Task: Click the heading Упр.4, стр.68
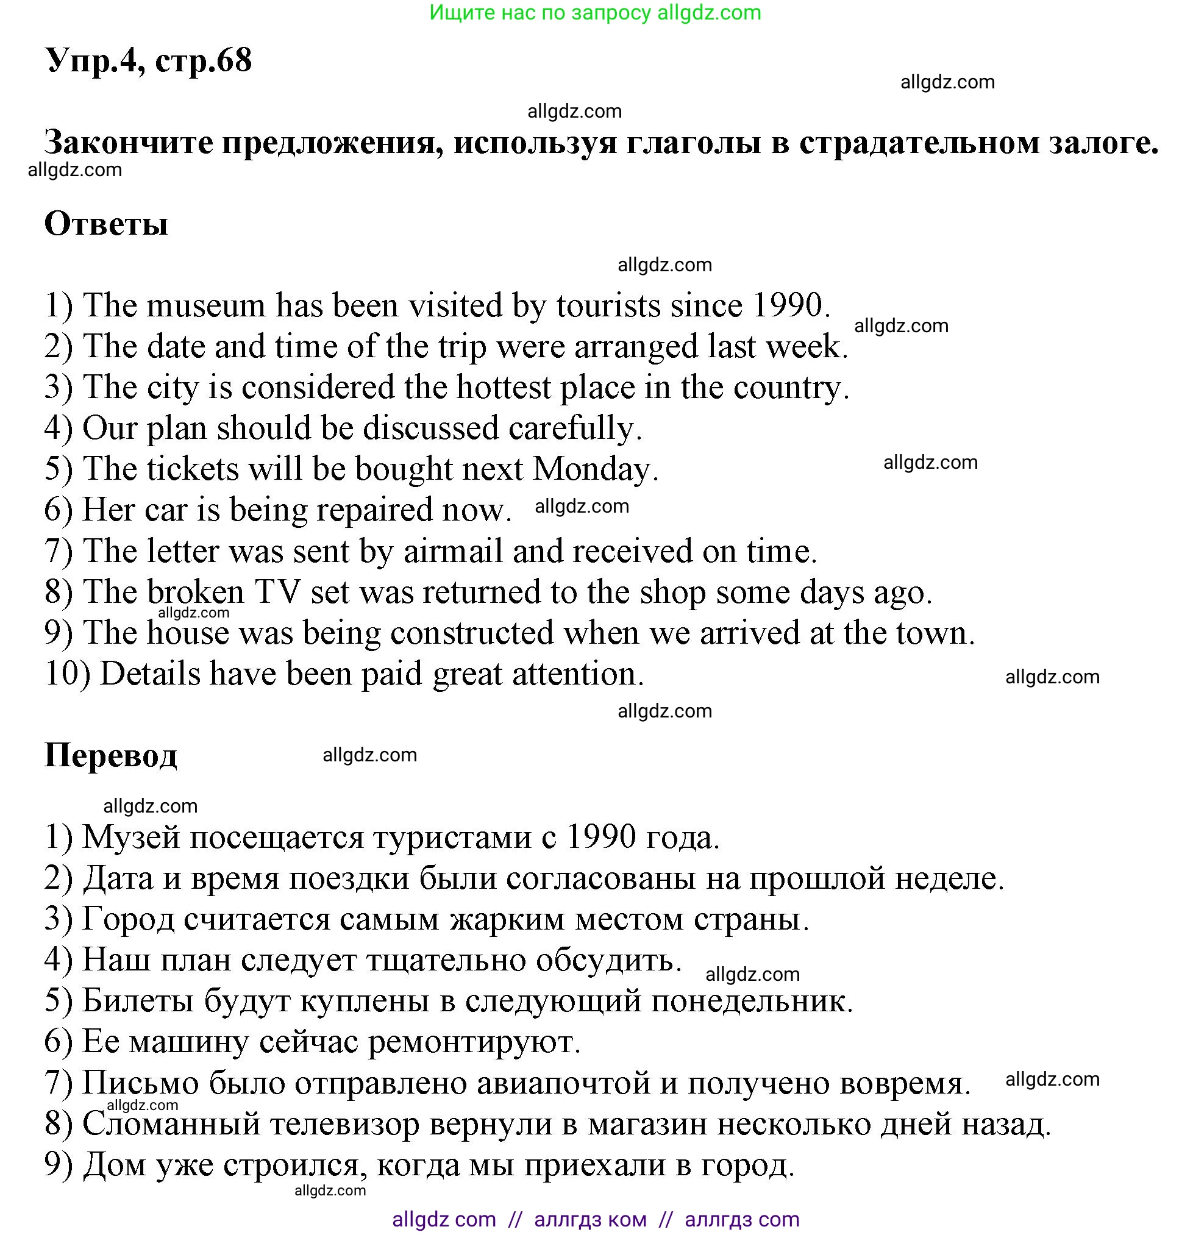click(148, 61)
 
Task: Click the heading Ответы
click(106, 224)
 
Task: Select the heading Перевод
click(110, 755)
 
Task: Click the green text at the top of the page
click(595, 13)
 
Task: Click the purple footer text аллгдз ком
click(590, 1219)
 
